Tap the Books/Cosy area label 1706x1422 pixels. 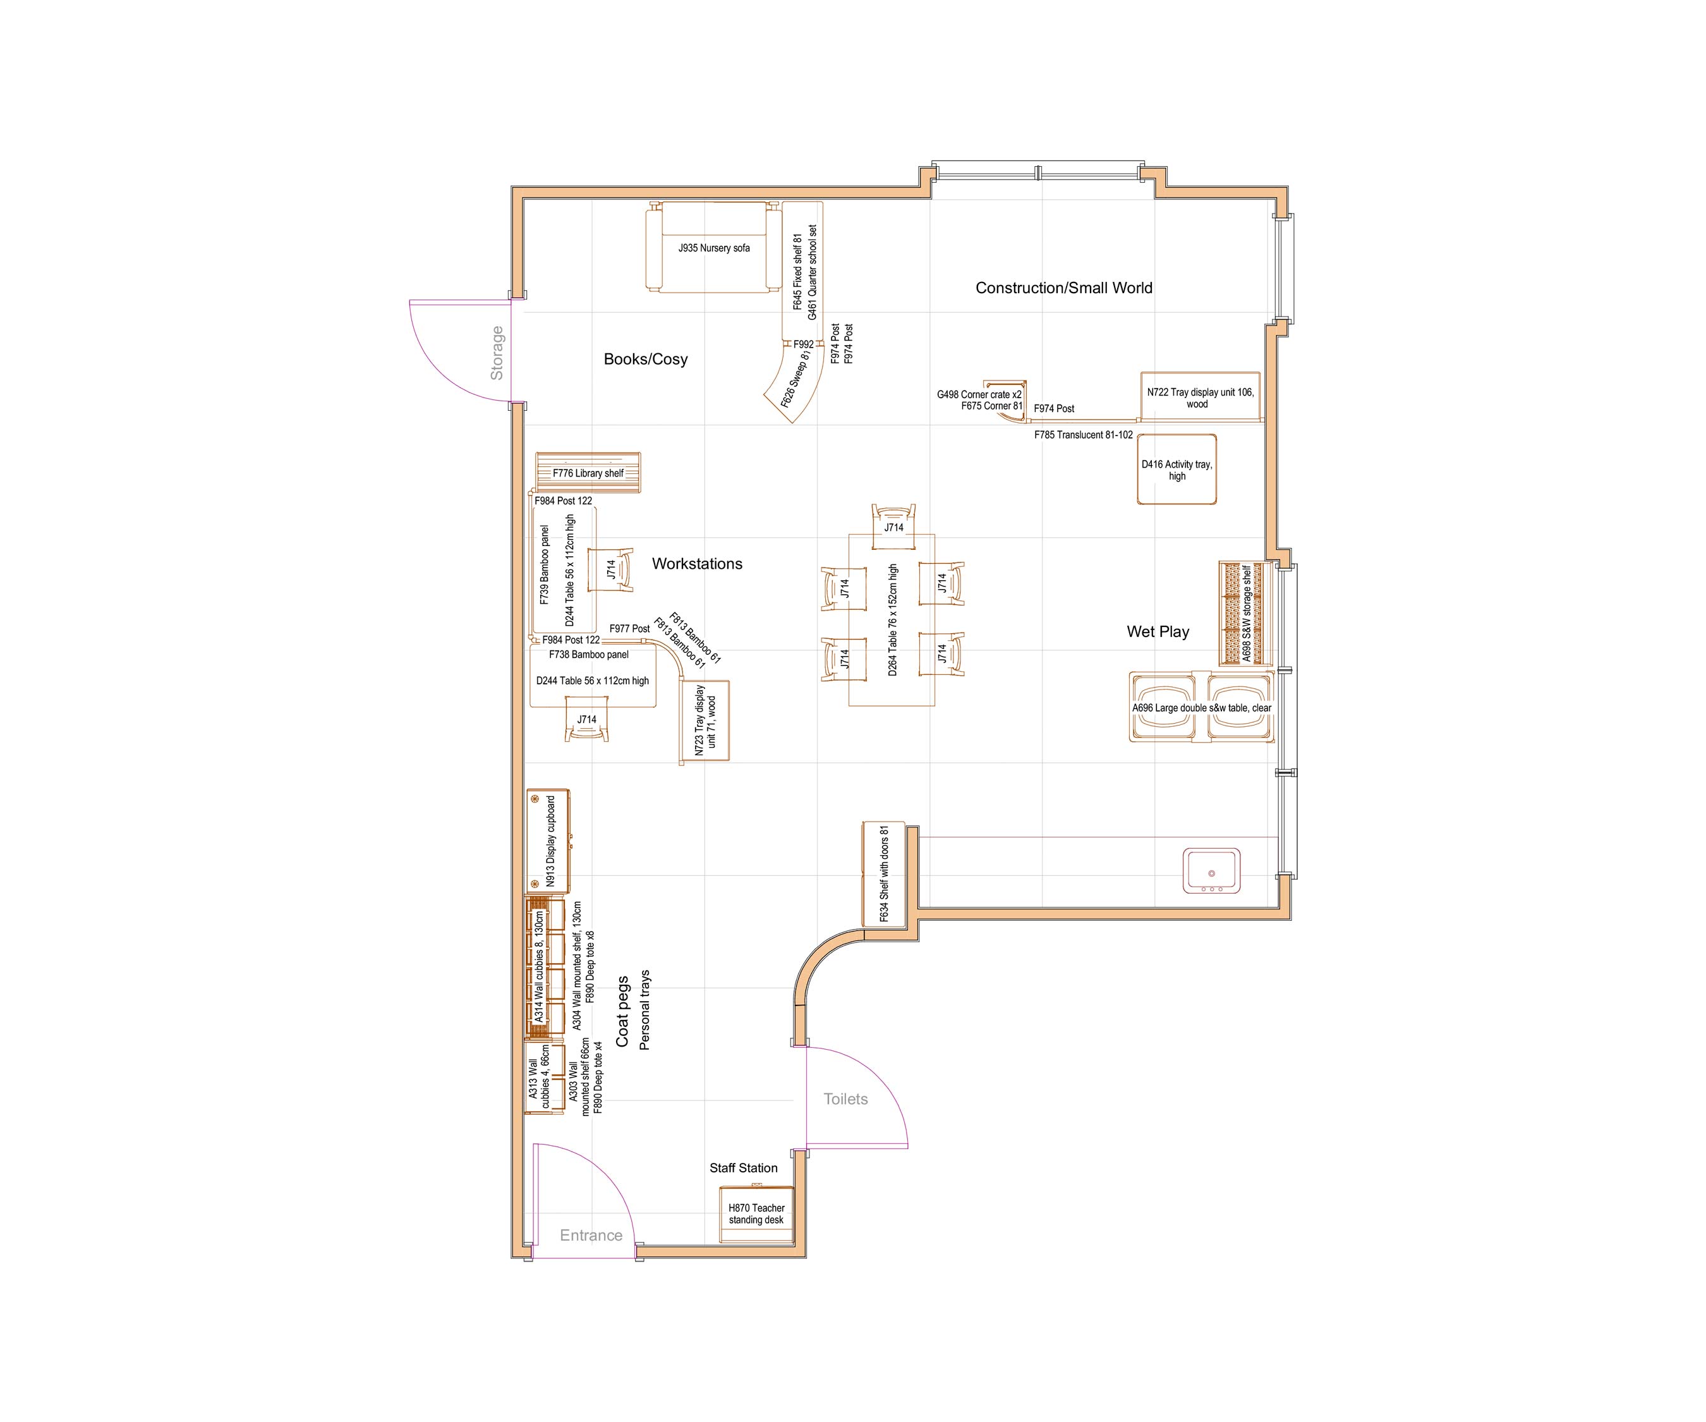[x=645, y=359]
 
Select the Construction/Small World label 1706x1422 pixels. [x=1063, y=288]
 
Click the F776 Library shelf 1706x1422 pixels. [x=588, y=473]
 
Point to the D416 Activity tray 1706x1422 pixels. [x=1177, y=470]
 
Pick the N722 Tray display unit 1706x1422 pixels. [x=1200, y=398]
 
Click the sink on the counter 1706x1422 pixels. [x=1211, y=871]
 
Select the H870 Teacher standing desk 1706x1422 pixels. [x=756, y=1215]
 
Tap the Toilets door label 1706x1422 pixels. [x=845, y=1100]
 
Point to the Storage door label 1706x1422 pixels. [x=497, y=353]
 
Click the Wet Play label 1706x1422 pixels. [x=1158, y=631]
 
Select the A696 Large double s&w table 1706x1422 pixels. [x=1202, y=708]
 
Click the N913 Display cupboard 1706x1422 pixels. [x=548, y=841]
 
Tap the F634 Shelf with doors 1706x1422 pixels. [x=883, y=873]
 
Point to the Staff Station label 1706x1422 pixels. [x=743, y=1168]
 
